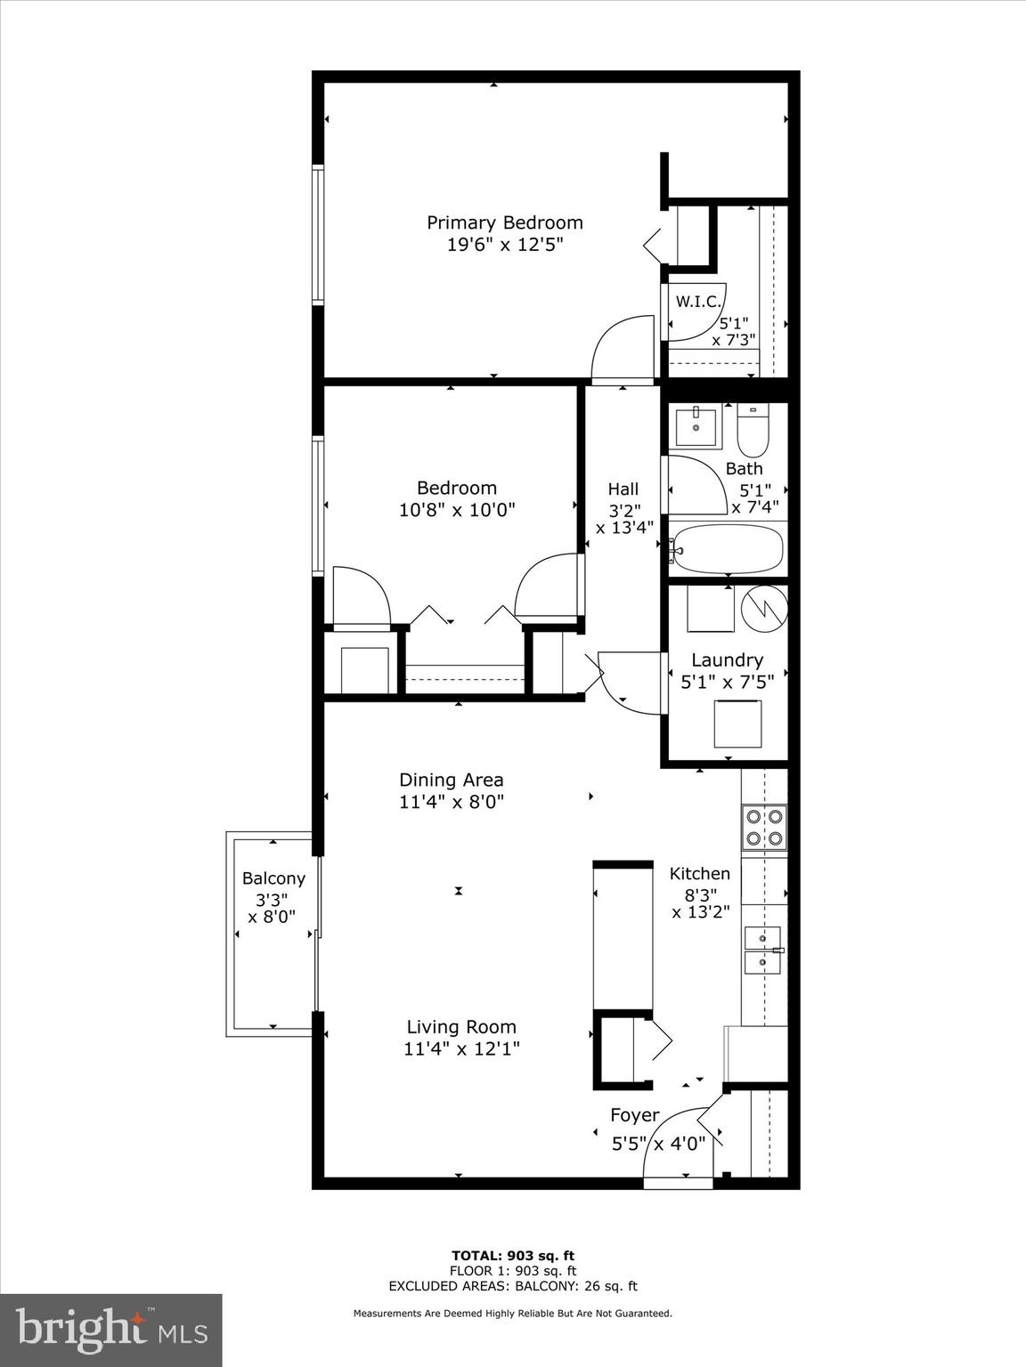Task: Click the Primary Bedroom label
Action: (504, 222)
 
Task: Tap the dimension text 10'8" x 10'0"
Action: (457, 510)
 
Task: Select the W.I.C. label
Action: (697, 302)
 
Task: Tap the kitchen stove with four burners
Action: (764, 827)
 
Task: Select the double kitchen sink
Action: (762, 950)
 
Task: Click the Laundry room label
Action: (727, 660)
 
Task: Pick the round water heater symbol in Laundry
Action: (765, 608)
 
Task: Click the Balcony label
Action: (273, 878)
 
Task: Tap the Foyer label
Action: (634, 1115)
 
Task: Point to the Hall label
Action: (623, 489)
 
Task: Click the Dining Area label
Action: (451, 780)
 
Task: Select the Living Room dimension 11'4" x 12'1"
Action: (461, 1049)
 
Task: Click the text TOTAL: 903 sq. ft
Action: (512, 1256)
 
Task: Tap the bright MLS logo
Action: (111, 1331)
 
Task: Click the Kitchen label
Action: (700, 874)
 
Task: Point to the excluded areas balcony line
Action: (512, 1286)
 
